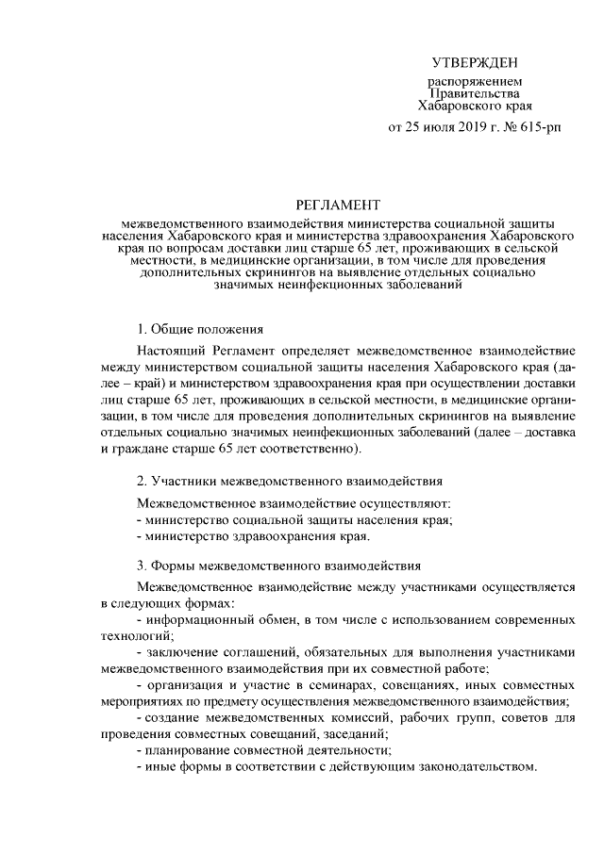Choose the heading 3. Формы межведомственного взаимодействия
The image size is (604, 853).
[279, 566]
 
